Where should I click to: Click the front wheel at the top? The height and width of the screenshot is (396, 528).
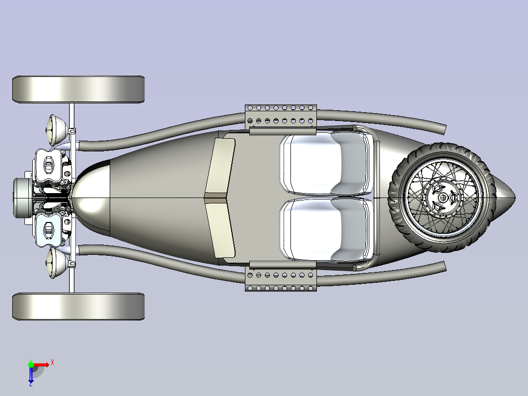[78, 89]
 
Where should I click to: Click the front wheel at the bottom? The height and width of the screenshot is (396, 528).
[78, 306]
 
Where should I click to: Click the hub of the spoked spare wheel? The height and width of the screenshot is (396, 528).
[442, 198]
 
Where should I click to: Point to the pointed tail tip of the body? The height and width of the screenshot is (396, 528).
[515, 198]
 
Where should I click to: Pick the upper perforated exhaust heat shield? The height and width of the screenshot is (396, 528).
[281, 120]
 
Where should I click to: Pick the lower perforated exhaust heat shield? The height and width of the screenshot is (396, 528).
[281, 276]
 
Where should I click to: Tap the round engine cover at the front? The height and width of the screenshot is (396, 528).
[23, 198]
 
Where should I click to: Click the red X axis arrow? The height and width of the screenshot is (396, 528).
[41, 365]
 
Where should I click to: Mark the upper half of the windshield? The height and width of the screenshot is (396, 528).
[220, 167]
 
